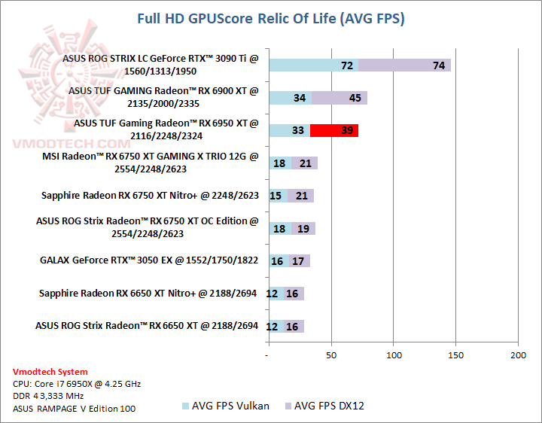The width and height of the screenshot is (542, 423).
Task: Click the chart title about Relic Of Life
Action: [x=271, y=18]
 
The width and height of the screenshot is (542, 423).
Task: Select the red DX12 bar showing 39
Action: [x=334, y=131]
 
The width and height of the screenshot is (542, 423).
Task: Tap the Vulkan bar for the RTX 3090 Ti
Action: [x=312, y=65]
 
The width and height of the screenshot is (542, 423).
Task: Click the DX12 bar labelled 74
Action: [x=404, y=65]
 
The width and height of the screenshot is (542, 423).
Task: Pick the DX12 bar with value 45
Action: [x=339, y=98]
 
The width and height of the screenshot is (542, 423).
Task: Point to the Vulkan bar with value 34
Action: [x=290, y=98]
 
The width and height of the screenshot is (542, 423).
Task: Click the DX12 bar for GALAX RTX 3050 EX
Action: [x=300, y=261]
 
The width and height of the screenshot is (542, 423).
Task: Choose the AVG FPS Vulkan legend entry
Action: [x=225, y=406]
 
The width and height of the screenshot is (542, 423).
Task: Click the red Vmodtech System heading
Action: [x=50, y=372]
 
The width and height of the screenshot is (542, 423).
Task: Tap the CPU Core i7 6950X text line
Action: [x=76, y=384]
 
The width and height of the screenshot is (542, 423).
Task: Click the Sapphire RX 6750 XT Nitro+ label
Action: [x=150, y=196]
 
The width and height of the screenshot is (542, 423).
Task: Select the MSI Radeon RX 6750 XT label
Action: [x=150, y=163]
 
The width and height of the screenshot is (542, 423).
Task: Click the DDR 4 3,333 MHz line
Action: [x=49, y=397]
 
